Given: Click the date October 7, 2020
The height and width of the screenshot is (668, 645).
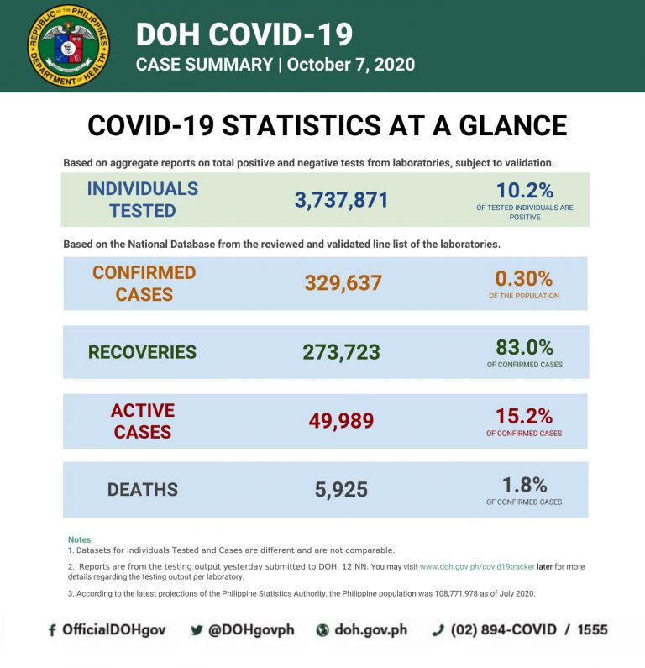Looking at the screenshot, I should (351, 65).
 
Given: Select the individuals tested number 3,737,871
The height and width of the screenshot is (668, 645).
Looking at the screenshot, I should (341, 200).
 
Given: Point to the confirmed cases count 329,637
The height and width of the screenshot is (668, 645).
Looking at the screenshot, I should (343, 283).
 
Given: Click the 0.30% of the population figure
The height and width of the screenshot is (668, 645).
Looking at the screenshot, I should (523, 277).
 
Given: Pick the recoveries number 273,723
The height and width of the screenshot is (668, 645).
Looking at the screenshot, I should (341, 352).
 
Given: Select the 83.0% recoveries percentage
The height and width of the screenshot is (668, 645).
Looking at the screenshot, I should (524, 346).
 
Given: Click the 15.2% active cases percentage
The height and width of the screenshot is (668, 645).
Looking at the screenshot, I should (523, 415).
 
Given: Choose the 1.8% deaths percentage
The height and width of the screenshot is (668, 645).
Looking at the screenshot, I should (524, 484).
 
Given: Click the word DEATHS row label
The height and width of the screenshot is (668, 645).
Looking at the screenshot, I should (142, 490).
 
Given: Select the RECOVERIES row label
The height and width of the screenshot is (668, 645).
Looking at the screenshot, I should (142, 352).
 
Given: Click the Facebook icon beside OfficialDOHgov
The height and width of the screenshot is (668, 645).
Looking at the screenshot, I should (52, 630).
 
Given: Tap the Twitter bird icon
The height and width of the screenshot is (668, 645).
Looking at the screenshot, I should (197, 630).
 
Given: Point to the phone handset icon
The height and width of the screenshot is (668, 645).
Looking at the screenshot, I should (438, 630).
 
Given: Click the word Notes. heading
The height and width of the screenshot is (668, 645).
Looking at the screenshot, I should (81, 539).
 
